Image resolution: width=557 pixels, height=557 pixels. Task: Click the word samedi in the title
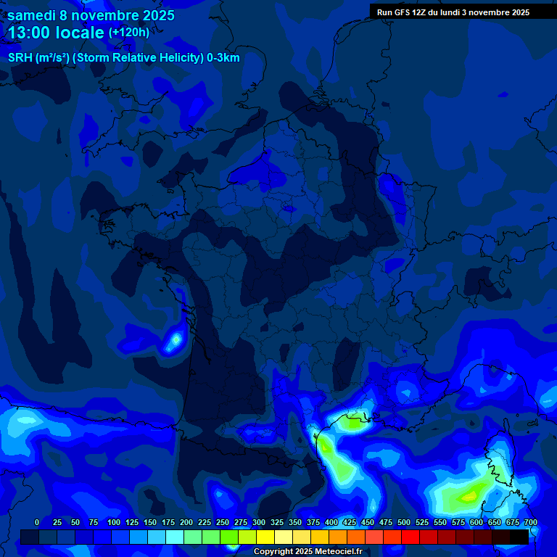[32, 15]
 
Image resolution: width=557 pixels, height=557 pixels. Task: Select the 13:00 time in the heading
[30, 33]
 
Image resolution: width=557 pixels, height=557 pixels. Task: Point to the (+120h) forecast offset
[129, 32]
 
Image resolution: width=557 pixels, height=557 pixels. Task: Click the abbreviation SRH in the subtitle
[20, 58]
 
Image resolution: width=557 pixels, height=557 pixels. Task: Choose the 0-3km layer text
[223, 58]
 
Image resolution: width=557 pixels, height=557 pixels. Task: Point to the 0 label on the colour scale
[37, 522]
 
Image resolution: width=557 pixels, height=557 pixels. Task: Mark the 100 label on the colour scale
[114, 522]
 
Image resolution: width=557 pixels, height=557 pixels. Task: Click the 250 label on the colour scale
[223, 522]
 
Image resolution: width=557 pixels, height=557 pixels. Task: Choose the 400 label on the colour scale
[331, 522]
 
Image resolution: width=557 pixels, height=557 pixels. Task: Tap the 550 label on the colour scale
[440, 522]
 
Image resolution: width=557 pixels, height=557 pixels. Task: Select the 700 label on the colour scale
[531, 522]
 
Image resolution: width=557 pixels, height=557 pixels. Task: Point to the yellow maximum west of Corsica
[469, 497]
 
